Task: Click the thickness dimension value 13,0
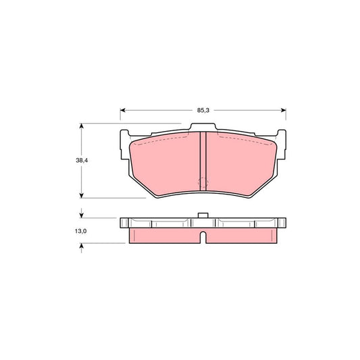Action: pos(82,232)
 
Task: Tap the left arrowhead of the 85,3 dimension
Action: pos(123,109)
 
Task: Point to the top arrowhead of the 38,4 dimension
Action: pos(82,126)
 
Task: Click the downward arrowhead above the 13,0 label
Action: pos(82,215)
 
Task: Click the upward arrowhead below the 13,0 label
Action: pos(82,247)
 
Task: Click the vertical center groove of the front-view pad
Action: pos(203,162)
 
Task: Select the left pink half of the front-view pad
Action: pos(165,165)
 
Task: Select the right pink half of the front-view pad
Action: pos(240,165)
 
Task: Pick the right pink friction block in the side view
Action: pos(241,235)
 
